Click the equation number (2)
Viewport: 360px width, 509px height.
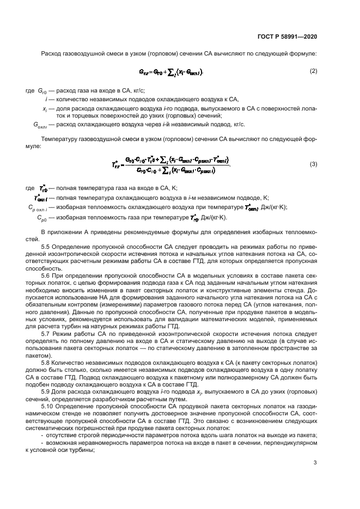(x=313, y=71)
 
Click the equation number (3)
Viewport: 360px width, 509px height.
(x=313, y=164)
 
